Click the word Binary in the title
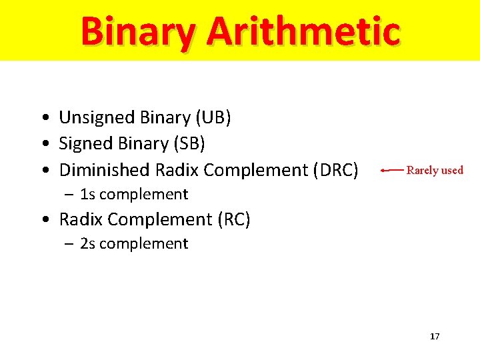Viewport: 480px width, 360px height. (x=138, y=31)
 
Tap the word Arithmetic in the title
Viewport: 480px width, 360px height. (x=303, y=31)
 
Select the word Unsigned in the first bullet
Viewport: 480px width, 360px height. (x=97, y=118)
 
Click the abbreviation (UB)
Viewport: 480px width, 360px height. (x=213, y=118)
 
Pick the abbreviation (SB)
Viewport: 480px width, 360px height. (x=188, y=143)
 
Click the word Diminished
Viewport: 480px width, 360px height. (x=105, y=170)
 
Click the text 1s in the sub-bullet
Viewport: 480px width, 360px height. (x=87, y=195)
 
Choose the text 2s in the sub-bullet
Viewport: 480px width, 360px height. (x=87, y=244)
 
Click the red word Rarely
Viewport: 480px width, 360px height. (x=422, y=170)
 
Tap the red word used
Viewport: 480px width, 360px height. (x=452, y=170)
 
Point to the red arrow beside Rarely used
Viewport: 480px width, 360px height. (x=391, y=171)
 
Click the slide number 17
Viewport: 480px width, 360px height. (x=435, y=337)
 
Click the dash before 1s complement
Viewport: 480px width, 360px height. (x=69, y=195)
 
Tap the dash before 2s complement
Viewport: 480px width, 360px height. (x=69, y=244)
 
